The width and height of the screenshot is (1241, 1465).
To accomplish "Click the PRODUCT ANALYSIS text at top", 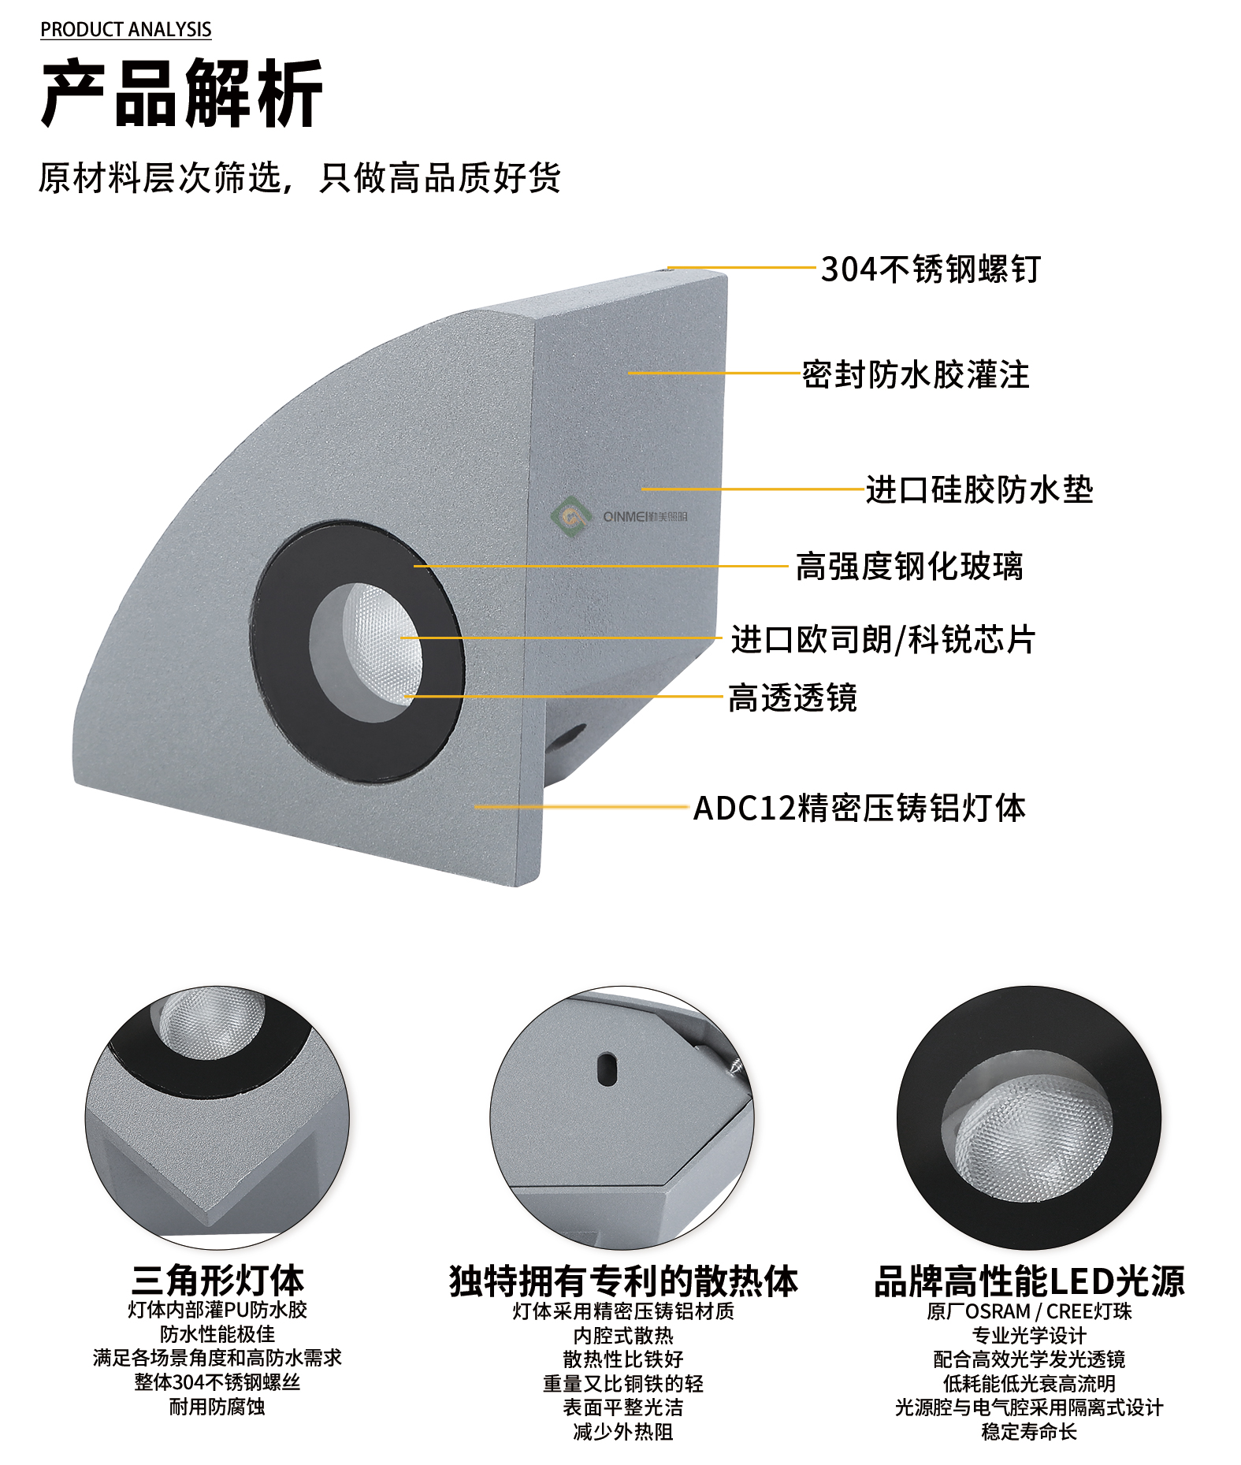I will pyautogui.click(x=126, y=30).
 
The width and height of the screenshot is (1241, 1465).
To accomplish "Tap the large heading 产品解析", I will pyautogui.click(x=182, y=94).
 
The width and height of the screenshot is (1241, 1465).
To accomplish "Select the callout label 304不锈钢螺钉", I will pyautogui.click(x=931, y=270).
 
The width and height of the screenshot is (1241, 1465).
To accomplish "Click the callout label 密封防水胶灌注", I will pyautogui.click(x=916, y=375).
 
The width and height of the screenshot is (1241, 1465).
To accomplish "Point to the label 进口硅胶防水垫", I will pyautogui.click(x=979, y=490).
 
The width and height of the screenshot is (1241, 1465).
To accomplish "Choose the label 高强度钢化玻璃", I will pyautogui.click(x=909, y=567).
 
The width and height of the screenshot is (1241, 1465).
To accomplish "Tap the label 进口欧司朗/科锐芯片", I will pyautogui.click(x=883, y=640).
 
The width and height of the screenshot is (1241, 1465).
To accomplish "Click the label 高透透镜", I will pyautogui.click(x=792, y=698).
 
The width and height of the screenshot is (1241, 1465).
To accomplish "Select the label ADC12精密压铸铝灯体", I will pyautogui.click(x=859, y=809).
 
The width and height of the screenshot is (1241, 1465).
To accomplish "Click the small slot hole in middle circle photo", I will pyautogui.click(x=606, y=1069).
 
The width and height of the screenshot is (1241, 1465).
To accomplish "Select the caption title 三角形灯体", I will pyautogui.click(x=217, y=1281).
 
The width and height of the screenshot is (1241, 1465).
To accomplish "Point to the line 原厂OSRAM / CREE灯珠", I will pyautogui.click(x=1029, y=1311).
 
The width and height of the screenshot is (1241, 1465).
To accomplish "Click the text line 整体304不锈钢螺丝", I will pyautogui.click(x=217, y=1382).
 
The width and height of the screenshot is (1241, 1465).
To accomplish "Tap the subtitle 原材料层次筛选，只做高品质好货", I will pyautogui.click(x=299, y=178).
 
